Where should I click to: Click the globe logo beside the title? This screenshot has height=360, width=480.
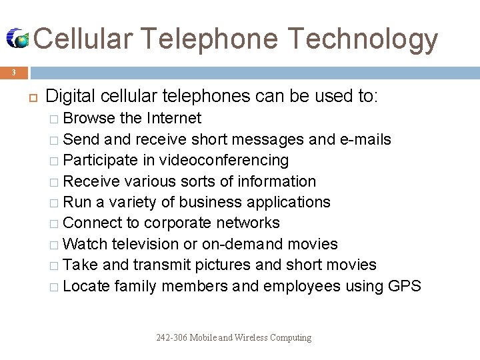[19, 39]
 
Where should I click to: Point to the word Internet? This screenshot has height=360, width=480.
[174, 119]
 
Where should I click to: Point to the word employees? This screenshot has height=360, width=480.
[302, 286]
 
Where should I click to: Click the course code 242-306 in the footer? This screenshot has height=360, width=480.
[171, 338]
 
